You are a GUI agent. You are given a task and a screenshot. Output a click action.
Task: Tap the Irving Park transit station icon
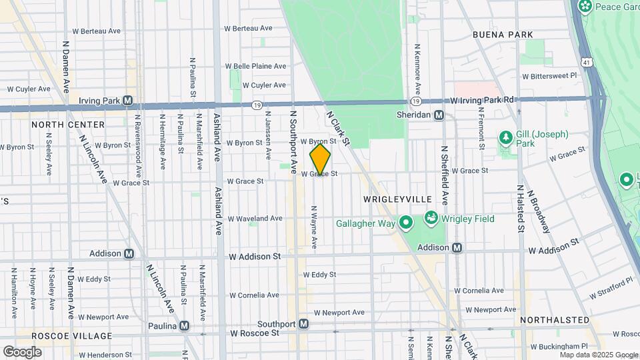point(127,101)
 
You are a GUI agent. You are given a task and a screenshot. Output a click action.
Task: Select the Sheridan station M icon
point(439,115)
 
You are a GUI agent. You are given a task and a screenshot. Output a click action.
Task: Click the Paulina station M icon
point(184,326)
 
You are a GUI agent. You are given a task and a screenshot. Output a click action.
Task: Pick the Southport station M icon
point(304,324)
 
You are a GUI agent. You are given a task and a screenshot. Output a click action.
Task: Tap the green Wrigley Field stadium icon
point(431,218)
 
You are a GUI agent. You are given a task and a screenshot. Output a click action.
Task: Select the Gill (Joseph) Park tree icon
point(506,138)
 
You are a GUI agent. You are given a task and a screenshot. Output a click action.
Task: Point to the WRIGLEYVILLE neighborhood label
point(398,199)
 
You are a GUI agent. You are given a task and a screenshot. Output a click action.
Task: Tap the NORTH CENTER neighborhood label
point(68,125)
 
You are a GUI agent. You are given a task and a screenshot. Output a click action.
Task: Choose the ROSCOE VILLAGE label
point(65,335)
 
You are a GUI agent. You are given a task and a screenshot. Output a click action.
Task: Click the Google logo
point(22,351)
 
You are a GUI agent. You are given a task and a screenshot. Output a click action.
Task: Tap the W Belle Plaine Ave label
point(255,66)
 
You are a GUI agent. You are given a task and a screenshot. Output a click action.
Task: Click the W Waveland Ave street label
point(255,218)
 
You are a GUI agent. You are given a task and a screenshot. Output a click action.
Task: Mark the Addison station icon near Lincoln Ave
point(128,253)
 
